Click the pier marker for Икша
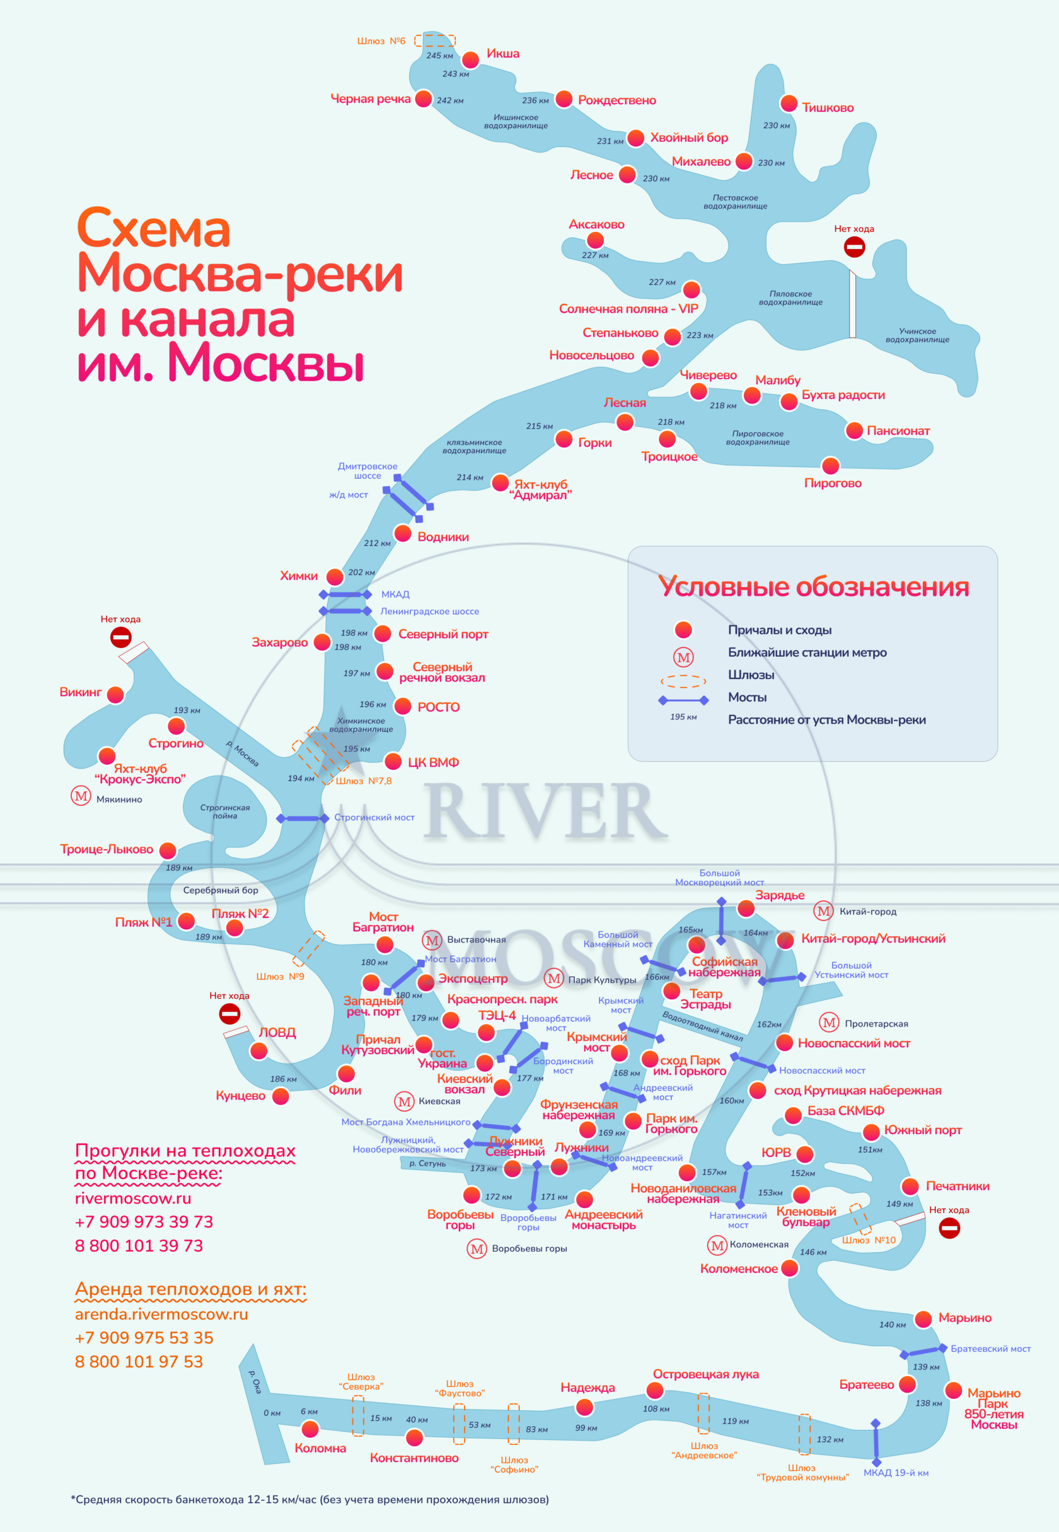tap(470, 60)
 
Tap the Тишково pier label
tap(828, 107)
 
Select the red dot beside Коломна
tap(310, 1429)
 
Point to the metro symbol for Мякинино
tap(81, 796)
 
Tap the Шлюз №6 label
tap(381, 41)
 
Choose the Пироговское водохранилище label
tap(757, 438)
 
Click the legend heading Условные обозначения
tap(813, 587)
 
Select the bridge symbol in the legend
tap(683, 700)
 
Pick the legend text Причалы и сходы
tap(780, 630)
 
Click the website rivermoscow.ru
tap(133, 1199)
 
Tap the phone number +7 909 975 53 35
tap(144, 1338)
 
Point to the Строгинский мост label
tap(374, 818)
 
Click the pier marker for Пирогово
tap(830, 466)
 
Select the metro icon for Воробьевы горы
tap(477, 1250)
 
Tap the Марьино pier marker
tap(923, 1319)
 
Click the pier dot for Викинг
tap(115, 695)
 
